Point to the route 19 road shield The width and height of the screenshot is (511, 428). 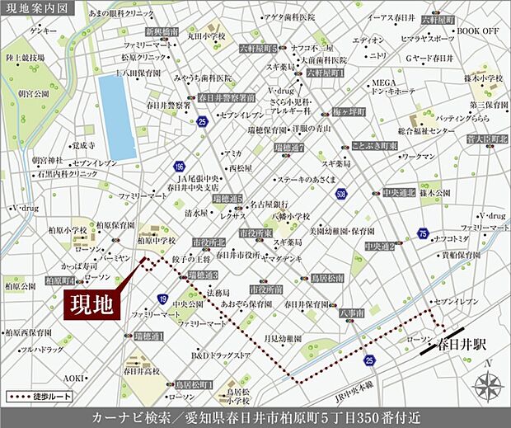164,299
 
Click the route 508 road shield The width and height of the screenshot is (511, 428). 342,195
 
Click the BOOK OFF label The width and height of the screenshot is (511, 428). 479,31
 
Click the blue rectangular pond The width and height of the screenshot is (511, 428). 117,117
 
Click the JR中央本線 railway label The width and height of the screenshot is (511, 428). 359,384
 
